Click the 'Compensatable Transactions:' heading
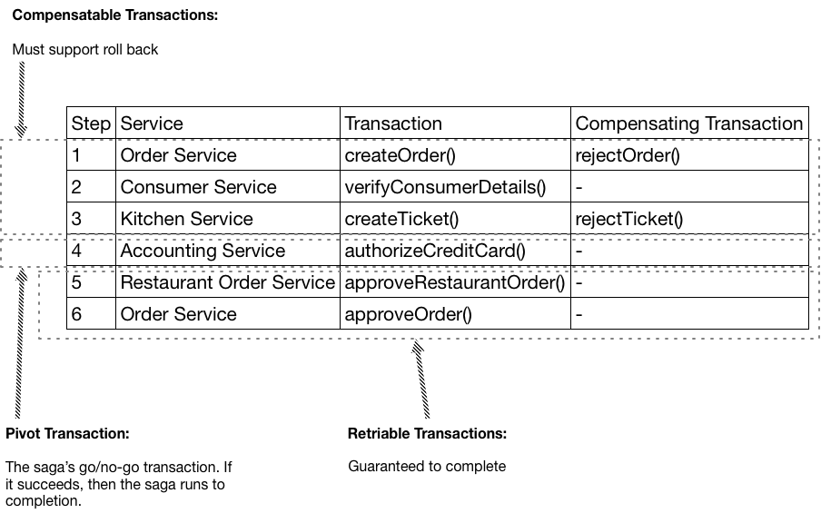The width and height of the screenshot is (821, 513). pyautogui.click(x=114, y=15)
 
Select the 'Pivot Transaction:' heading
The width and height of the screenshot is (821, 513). pyautogui.click(x=67, y=433)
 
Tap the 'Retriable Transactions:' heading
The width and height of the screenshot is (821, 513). pyautogui.click(x=427, y=433)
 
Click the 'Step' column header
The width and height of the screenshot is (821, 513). pyautogui.click(x=91, y=123)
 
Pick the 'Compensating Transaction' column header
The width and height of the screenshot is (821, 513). pyautogui.click(x=689, y=123)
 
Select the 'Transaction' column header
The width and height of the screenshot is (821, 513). pyautogui.click(x=393, y=123)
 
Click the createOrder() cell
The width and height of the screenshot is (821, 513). pyautogui.click(x=400, y=155)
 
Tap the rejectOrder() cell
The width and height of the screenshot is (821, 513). pyautogui.click(x=628, y=155)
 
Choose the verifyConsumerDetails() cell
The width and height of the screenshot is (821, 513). pyautogui.click(x=445, y=187)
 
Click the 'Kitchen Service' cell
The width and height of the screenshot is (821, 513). pyautogui.click(x=186, y=219)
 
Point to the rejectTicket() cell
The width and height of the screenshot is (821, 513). pyautogui.click(x=628, y=219)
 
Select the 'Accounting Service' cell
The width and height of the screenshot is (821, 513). pyautogui.click(x=203, y=251)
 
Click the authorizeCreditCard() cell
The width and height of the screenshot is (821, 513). pyautogui.click(x=435, y=251)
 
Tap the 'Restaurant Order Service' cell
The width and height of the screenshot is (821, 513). pyautogui.click(x=228, y=282)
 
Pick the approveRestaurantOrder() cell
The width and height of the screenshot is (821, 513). pyautogui.click(x=455, y=282)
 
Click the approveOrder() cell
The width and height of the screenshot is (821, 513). pyautogui.click(x=409, y=314)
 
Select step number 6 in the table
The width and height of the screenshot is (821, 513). pyautogui.click(x=77, y=314)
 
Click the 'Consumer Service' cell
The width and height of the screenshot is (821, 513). pyautogui.click(x=198, y=187)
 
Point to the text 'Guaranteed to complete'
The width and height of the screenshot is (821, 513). pyautogui.click(x=427, y=466)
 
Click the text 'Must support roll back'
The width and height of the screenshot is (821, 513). pyautogui.click(x=84, y=49)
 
